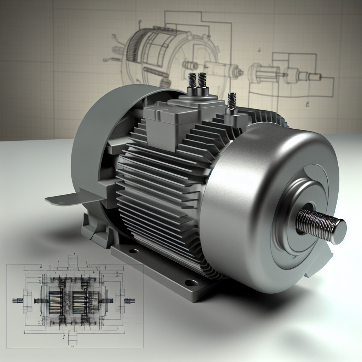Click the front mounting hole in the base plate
[191, 283]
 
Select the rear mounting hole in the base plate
[134, 252]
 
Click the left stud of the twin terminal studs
[192, 81]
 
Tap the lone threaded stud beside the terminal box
[232, 101]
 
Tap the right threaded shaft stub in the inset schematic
[130, 301]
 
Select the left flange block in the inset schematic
[25, 301]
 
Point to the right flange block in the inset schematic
[120, 301]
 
